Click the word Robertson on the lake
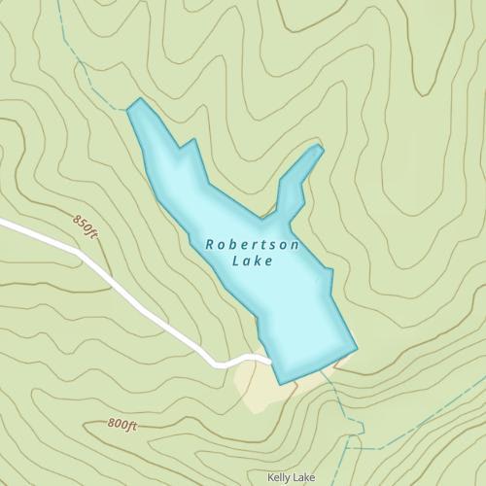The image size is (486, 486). tap(253, 245)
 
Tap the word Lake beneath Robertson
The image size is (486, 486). tap(254, 260)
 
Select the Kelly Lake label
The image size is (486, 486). tap(292, 477)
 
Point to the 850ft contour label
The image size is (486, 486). tap(86, 226)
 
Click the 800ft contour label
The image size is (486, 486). tap(123, 425)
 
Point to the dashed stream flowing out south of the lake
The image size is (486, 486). tap(340, 399)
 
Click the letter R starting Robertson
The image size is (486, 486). tap(210, 245)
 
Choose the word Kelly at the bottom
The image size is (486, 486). tap(280, 477)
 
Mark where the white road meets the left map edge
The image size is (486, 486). tap(2, 225)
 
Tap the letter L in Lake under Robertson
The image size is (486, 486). tap(239, 260)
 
